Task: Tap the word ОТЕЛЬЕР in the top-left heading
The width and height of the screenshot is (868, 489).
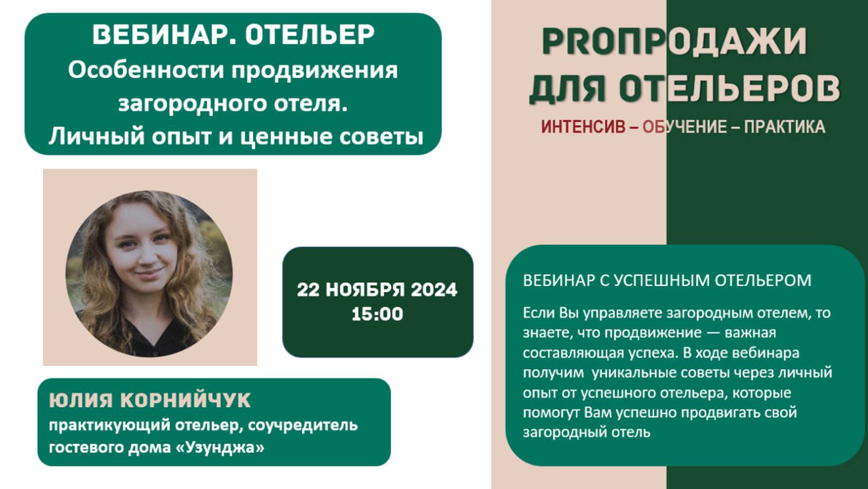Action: [x=310, y=35]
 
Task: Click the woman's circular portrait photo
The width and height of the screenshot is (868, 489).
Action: [x=149, y=273]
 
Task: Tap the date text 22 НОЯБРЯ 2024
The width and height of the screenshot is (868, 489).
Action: [x=377, y=289]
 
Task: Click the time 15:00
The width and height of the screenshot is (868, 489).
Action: [x=377, y=314]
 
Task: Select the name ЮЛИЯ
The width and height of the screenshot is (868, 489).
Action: [x=80, y=400]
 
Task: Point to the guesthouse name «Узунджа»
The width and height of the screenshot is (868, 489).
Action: [x=220, y=447]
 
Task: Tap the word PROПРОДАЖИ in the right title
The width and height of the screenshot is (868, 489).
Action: [x=674, y=41]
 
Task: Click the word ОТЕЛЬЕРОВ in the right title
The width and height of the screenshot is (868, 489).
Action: [x=729, y=88]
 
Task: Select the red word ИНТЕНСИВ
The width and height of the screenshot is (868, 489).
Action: [x=583, y=127]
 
